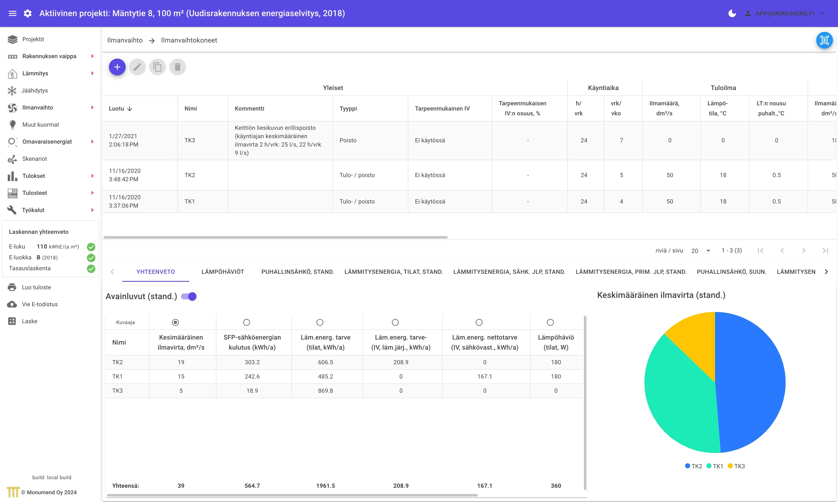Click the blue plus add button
(x=117, y=67)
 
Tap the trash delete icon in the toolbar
(x=178, y=67)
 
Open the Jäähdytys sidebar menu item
(x=35, y=90)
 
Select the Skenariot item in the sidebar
(x=35, y=159)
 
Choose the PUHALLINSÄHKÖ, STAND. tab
(x=297, y=272)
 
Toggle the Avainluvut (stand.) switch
(x=189, y=296)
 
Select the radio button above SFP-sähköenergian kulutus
(x=246, y=322)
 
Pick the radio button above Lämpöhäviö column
(x=550, y=322)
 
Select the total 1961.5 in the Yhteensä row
(x=326, y=486)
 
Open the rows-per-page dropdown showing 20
(x=701, y=251)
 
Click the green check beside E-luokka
(x=91, y=258)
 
